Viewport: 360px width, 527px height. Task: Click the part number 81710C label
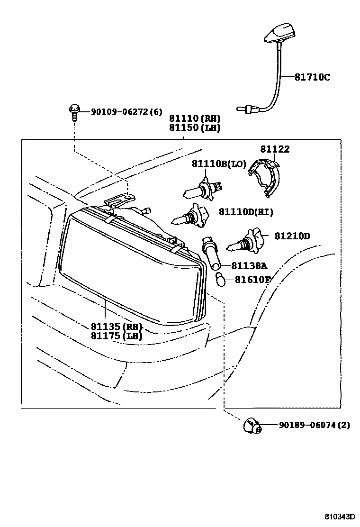(x=312, y=76)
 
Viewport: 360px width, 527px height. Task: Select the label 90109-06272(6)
(x=119, y=112)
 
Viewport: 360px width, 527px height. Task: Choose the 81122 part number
(x=275, y=149)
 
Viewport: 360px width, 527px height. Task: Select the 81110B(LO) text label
(x=219, y=164)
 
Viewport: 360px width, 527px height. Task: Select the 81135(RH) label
(x=117, y=327)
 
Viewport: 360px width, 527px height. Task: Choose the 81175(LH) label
(x=117, y=336)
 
